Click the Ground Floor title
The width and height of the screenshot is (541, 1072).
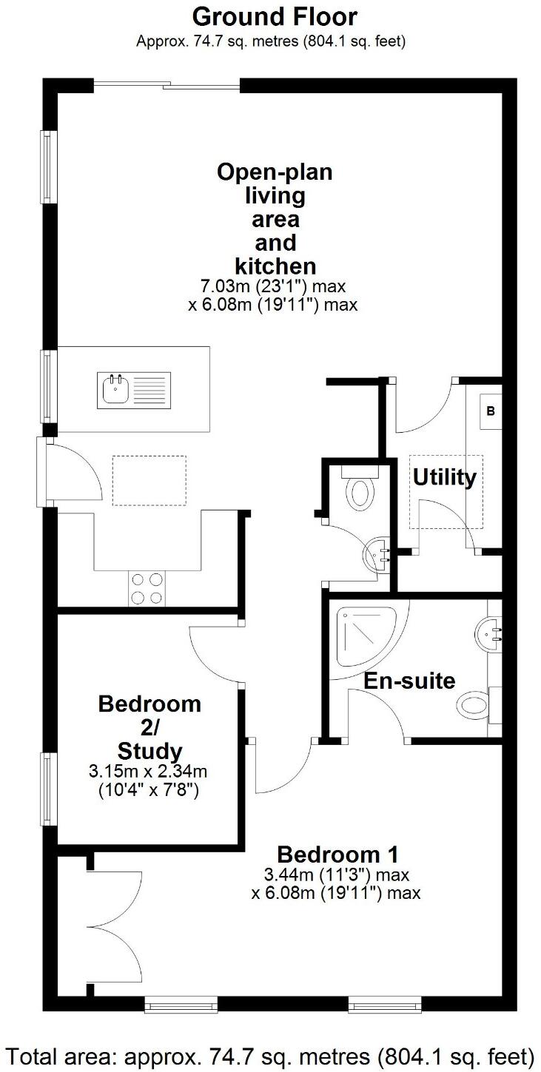[275, 16]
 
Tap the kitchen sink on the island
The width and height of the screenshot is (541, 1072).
[133, 389]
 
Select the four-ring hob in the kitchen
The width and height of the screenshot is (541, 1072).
[146, 589]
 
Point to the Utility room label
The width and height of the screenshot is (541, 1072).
[444, 478]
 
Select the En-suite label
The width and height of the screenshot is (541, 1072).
[409, 680]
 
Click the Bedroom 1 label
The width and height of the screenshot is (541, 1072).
[337, 854]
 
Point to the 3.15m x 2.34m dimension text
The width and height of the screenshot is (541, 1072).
[148, 772]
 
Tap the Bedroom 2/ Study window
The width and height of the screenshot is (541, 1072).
[49, 789]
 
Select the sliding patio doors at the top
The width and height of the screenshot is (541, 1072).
[167, 86]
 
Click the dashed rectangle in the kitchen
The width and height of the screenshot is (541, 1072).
[149, 480]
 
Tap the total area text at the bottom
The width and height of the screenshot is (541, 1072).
[271, 1054]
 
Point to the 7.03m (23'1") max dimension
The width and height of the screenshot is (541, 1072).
[274, 286]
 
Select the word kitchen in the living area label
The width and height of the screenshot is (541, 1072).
[275, 266]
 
